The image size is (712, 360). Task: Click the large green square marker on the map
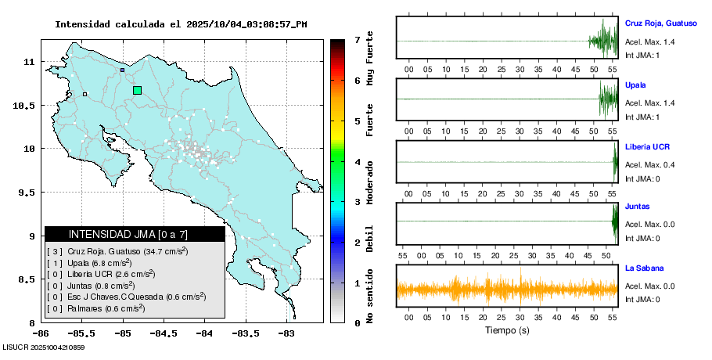tap(137, 90)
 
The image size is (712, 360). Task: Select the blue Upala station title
tap(635, 85)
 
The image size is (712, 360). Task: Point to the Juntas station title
tap(637, 207)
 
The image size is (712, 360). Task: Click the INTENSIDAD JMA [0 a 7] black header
tap(135, 234)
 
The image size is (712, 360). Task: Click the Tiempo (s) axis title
tap(507, 330)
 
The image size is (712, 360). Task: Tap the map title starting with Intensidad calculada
tap(181, 24)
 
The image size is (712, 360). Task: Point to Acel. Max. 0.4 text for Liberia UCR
tap(649, 165)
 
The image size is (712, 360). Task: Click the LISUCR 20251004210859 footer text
tap(44, 347)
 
